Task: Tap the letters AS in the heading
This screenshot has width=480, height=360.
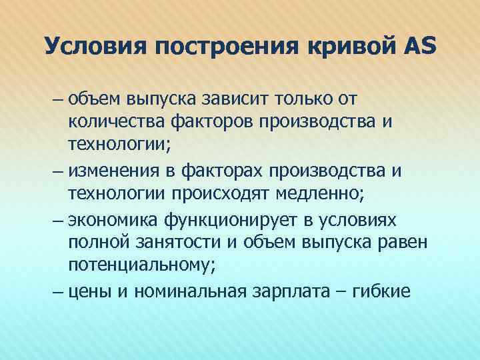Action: pos(418,46)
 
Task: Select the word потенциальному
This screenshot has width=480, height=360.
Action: pos(141,266)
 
